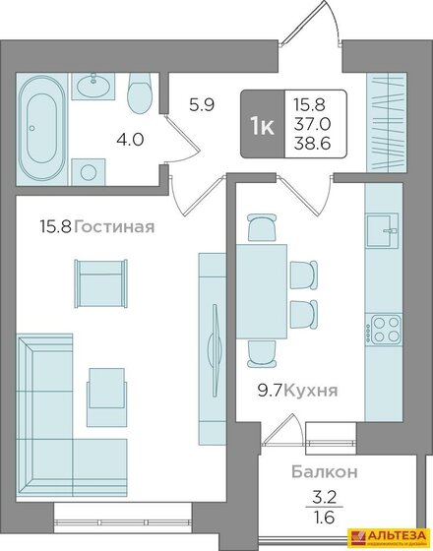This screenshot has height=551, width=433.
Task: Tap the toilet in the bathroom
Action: coord(139,94)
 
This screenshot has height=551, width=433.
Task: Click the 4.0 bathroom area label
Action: coord(130,139)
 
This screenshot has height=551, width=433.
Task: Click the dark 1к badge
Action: coord(262,126)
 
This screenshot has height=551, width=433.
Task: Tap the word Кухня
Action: coord(316,391)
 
